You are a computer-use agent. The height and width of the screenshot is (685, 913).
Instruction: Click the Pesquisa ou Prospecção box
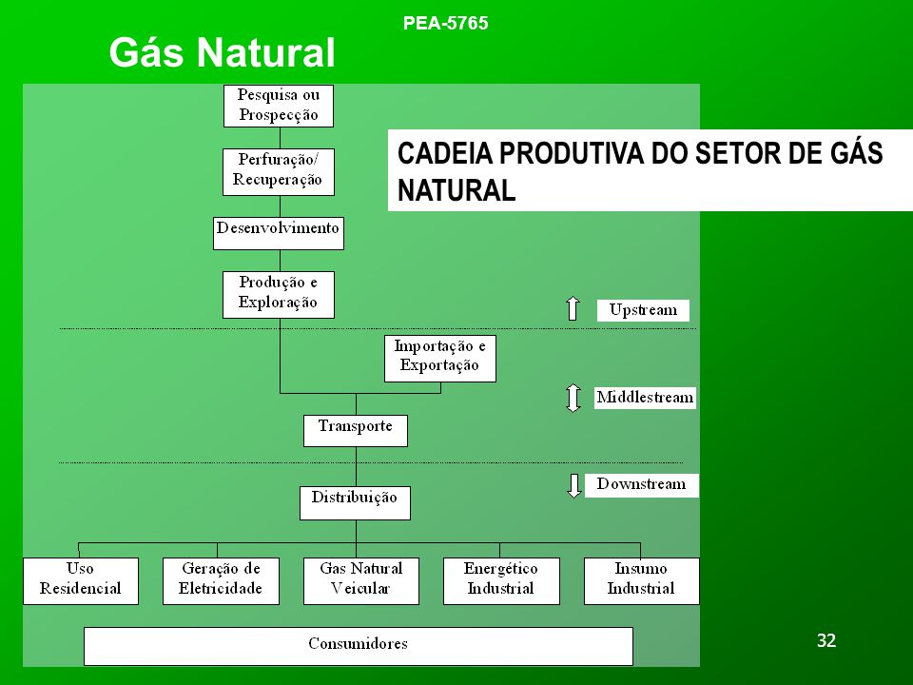pyautogui.click(x=279, y=106)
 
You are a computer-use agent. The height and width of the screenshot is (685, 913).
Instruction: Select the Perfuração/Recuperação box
pyautogui.click(x=279, y=172)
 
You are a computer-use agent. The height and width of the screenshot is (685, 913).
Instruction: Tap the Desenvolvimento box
pyautogui.click(x=279, y=233)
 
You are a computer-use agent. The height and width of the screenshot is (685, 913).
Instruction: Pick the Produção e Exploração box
pyautogui.click(x=279, y=295)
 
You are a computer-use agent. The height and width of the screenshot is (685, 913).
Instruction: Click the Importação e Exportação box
pyautogui.click(x=440, y=359)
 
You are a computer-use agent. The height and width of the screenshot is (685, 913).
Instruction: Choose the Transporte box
pyautogui.click(x=355, y=430)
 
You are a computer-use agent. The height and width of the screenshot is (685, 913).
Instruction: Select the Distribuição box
pyautogui.click(x=355, y=502)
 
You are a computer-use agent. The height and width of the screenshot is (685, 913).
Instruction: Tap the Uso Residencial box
pyautogui.click(x=81, y=580)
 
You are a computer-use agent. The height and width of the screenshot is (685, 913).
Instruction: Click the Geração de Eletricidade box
pyautogui.click(x=221, y=580)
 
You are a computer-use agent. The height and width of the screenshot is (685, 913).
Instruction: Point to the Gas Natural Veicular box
pyautogui.click(x=361, y=580)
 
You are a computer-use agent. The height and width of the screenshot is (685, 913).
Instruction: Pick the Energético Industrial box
pyautogui.click(x=501, y=580)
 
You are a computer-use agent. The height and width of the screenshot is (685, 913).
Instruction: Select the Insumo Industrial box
pyautogui.click(x=642, y=580)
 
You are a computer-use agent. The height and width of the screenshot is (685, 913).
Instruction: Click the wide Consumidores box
pyautogui.click(x=359, y=646)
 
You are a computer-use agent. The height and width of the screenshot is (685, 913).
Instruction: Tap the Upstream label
pyautogui.click(x=643, y=310)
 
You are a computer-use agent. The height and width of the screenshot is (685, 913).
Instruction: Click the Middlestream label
pyautogui.click(x=645, y=398)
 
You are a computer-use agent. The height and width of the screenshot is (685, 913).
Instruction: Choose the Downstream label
pyautogui.click(x=642, y=484)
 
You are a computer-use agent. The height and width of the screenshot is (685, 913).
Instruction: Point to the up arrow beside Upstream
pyautogui.click(x=573, y=308)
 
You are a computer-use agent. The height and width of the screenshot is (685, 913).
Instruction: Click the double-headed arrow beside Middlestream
pyautogui.click(x=573, y=398)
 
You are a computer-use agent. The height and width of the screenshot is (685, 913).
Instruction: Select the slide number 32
pyautogui.click(x=826, y=640)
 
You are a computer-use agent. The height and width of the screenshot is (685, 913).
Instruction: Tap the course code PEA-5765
pyautogui.click(x=445, y=23)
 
